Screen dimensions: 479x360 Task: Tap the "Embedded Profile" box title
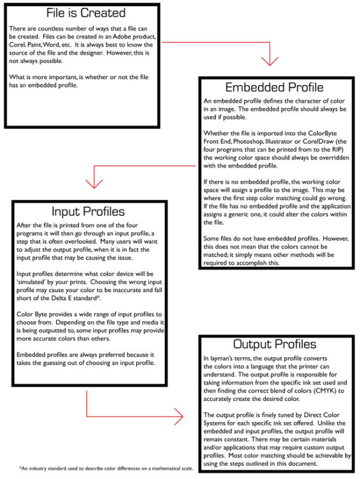click(x=274, y=87)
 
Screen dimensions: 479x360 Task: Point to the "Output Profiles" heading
click(x=274, y=345)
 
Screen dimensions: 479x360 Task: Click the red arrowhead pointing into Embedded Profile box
click(x=270, y=61)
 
